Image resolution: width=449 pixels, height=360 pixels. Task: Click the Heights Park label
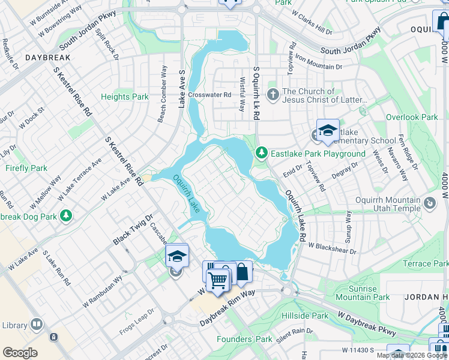pos(124,97)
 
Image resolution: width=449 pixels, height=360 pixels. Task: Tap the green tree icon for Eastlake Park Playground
pos(261,154)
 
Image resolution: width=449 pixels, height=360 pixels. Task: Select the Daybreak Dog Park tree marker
pos(67,215)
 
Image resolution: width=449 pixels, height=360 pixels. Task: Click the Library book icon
pos(37,325)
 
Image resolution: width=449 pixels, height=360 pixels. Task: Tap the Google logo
pos(20,353)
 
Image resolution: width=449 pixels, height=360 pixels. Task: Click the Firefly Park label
pos(26,168)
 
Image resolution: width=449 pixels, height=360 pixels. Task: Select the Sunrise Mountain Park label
pos(363,293)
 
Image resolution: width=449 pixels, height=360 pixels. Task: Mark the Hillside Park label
pos(307,316)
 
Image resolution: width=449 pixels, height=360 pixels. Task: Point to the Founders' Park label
pos(246,339)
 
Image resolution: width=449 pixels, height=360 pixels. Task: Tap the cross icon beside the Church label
pos(273,95)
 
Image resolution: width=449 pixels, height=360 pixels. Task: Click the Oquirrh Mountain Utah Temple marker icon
pos(430,204)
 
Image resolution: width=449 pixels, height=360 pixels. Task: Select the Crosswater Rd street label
pos(209,95)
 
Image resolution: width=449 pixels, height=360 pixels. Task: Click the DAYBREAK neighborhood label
pos(48,57)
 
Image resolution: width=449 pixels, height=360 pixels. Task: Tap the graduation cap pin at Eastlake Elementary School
pos(328,131)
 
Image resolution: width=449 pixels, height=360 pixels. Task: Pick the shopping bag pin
pos(241,272)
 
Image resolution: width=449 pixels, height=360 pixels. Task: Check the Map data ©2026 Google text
pos(412,355)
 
